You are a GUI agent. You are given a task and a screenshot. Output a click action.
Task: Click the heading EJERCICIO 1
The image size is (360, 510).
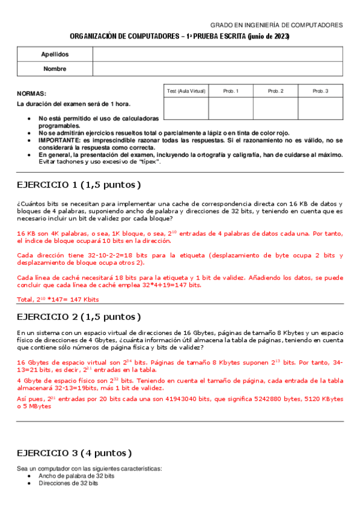[x=79, y=184]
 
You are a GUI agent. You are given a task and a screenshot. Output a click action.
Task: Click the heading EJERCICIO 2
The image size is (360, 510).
[x=79, y=316]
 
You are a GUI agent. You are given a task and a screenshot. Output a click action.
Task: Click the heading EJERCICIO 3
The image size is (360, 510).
[x=75, y=453]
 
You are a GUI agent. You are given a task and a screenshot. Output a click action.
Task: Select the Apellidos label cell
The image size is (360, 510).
[x=55, y=54]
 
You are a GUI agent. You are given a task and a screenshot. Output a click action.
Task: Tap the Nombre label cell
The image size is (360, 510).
[x=55, y=69]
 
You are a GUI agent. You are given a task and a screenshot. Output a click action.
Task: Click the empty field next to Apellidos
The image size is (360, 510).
[x=218, y=54]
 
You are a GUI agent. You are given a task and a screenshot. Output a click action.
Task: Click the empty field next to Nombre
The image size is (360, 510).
[x=218, y=69]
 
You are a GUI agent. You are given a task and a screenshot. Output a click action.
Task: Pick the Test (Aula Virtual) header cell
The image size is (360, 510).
[x=186, y=91]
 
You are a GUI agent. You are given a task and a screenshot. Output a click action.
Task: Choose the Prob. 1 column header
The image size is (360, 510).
[x=231, y=91]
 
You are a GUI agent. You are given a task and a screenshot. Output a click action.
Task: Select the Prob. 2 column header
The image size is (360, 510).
[x=275, y=91]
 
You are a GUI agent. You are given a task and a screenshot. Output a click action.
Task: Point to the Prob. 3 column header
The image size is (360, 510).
[x=320, y=91]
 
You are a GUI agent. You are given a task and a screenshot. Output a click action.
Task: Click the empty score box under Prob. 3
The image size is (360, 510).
[x=320, y=108]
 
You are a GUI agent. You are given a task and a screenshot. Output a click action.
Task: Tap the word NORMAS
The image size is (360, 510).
[x=31, y=94]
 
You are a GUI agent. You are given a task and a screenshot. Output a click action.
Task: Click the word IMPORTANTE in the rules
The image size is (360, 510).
[x=60, y=140]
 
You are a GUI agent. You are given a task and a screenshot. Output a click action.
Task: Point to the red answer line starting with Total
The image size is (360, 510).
[x=58, y=299]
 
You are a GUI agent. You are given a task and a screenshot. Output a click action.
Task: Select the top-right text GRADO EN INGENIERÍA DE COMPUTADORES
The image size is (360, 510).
[x=276, y=25]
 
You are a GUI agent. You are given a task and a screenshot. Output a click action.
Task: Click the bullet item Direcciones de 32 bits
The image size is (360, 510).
[x=69, y=483]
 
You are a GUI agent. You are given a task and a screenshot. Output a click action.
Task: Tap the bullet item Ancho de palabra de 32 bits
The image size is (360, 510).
[x=76, y=476]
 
